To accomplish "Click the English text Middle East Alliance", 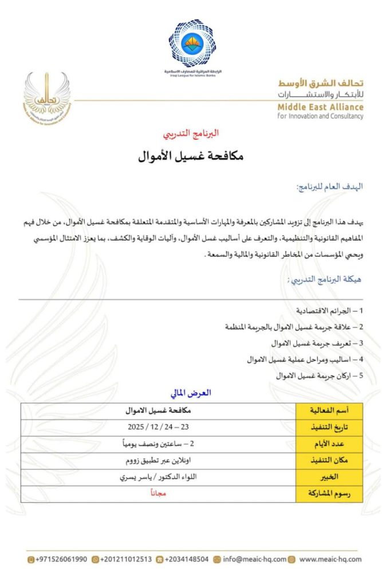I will [x=328, y=107].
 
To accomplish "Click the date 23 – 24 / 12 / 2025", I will [x=158, y=428].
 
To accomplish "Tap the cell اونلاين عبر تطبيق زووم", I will [x=158, y=460].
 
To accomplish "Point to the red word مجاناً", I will [x=158, y=494].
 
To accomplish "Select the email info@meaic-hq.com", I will [x=254, y=559].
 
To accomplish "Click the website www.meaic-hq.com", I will [x=330, y=559].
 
